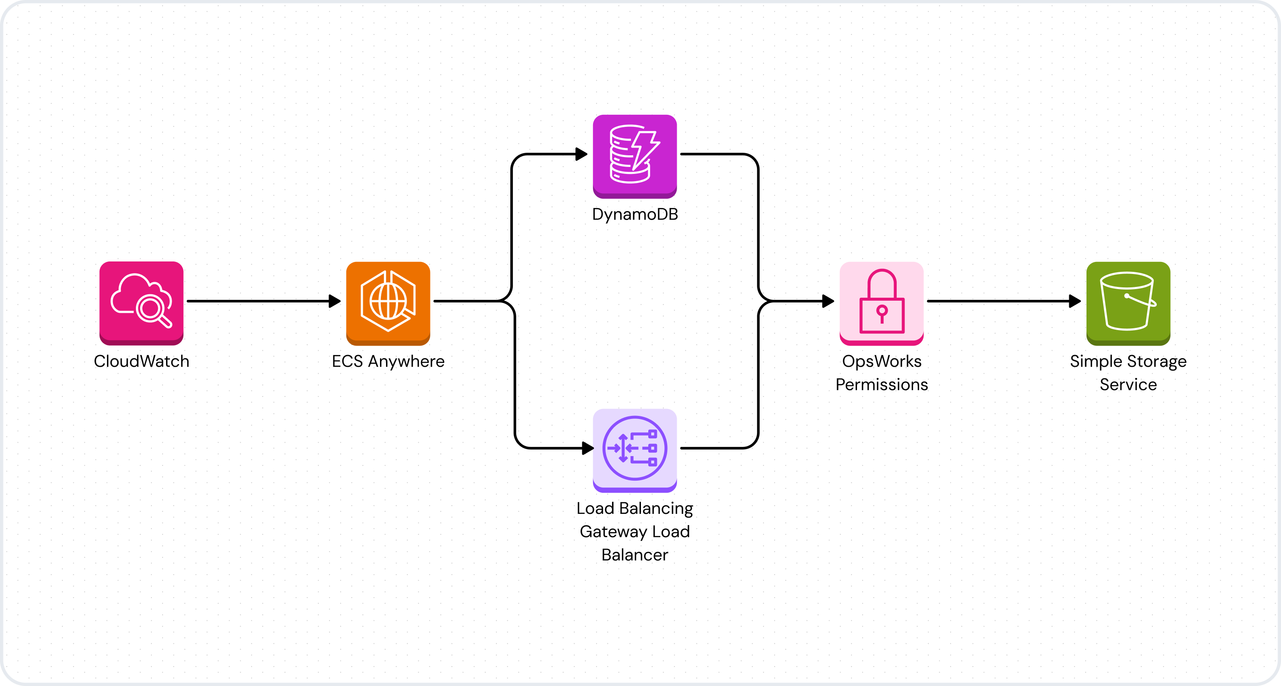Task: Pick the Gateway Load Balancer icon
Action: (634, 449)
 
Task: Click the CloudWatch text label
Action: (141, 361)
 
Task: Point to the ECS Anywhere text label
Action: (388, 361)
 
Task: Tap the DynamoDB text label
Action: (634, 214)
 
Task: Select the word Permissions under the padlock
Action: (881, 384)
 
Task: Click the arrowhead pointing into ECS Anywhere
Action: (335, 301)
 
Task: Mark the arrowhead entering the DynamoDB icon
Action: (581, 154)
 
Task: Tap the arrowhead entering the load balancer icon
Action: (587, 448)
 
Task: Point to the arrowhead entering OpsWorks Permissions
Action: (828, 301)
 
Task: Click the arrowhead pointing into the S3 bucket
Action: (1075, 301)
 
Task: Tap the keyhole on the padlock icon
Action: (882, 313)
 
